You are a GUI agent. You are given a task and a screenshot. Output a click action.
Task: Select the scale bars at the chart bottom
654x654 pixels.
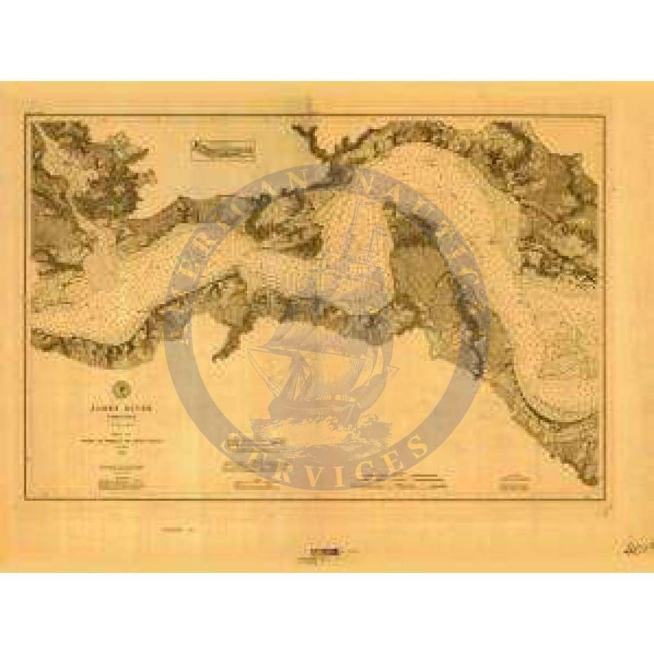click(404, 479)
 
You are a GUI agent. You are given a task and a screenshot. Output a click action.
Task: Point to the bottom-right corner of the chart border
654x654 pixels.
click(604, 498)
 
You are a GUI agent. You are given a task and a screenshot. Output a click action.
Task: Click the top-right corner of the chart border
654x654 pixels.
click(604, 115)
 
